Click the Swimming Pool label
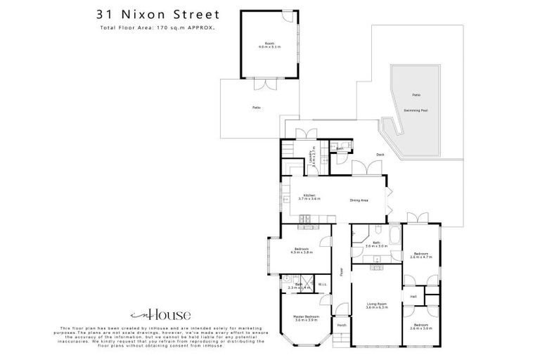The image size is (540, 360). point(416,110)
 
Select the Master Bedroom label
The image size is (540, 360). point(306,318)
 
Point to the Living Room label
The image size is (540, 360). point(377,305)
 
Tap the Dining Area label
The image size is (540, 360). point(359,200)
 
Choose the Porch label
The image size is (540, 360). point(342,325)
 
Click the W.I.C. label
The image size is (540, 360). point(322,285)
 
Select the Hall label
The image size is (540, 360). point(412,297)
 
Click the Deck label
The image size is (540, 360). point(380,154)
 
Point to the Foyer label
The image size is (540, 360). point(341,271)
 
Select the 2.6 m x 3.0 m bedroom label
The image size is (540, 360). point(423,327)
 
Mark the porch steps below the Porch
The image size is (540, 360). point(340,339)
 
